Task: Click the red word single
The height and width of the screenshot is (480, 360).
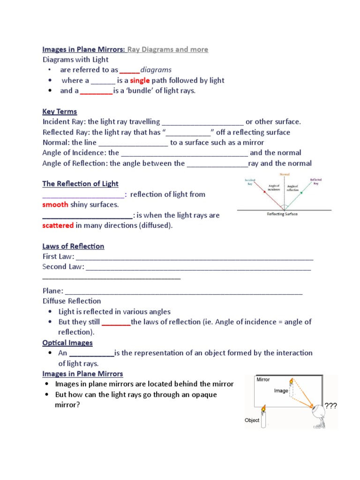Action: (140, 80)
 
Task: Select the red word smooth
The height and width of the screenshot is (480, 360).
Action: (55, 205)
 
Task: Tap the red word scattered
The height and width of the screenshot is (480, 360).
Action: (58, 225)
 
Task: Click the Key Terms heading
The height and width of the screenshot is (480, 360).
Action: (60, 112)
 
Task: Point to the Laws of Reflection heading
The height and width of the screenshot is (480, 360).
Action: (73, 246)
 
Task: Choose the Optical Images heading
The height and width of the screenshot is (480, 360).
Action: (67, 343)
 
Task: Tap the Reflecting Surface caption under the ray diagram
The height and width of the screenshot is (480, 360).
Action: (282, 214)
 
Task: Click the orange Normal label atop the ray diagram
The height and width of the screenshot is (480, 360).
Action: (285, 175)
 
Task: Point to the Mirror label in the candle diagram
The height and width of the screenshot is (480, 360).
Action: (263, 380)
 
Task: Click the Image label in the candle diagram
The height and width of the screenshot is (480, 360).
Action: (281, 390)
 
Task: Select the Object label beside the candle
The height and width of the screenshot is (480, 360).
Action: (252, 420)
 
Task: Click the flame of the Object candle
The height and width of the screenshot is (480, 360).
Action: (263, 409)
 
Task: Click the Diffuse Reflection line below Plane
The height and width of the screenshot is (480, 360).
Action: (72, 301)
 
